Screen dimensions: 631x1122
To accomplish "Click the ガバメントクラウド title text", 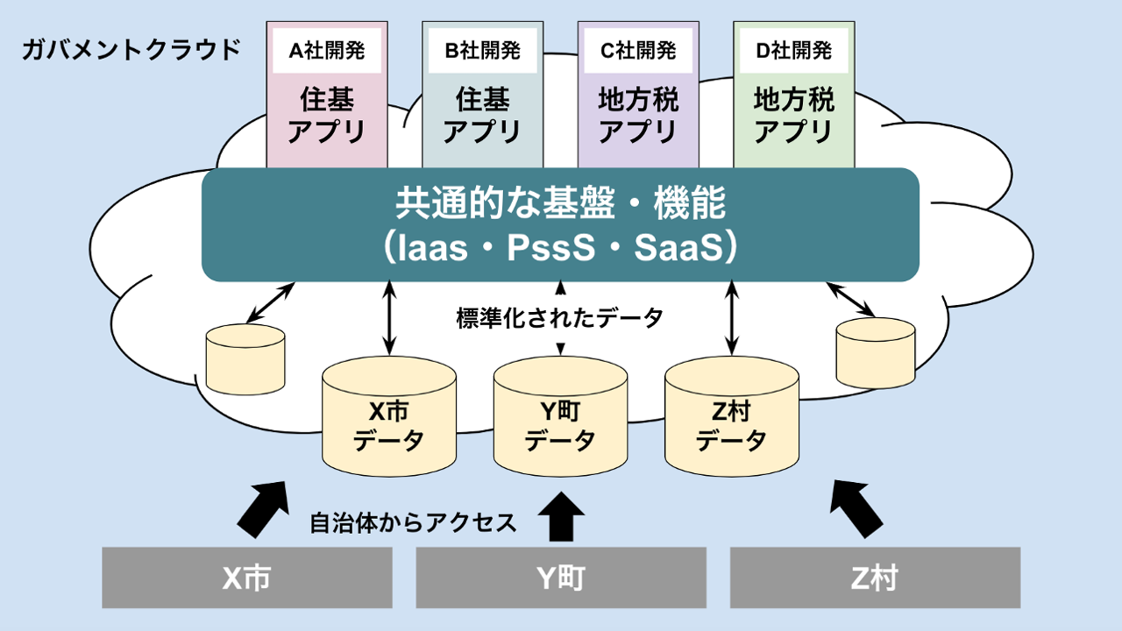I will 131,49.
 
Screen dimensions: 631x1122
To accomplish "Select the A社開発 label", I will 328,51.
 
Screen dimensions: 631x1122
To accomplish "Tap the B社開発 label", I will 483,51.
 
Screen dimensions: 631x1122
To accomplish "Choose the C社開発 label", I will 638,51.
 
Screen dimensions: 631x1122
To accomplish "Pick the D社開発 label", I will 793,51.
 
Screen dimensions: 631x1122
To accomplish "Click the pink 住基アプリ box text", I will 328,115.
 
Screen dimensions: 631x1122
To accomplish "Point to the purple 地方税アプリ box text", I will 638,115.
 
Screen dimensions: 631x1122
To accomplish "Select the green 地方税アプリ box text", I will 793,115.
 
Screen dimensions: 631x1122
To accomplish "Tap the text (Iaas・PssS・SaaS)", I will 560,248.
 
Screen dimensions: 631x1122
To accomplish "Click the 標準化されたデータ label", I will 560,318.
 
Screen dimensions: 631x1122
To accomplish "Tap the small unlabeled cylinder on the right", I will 876,353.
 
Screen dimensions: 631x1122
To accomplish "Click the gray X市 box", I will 246,578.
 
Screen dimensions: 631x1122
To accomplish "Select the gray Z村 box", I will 875,578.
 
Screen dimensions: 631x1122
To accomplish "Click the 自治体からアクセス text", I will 413,523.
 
